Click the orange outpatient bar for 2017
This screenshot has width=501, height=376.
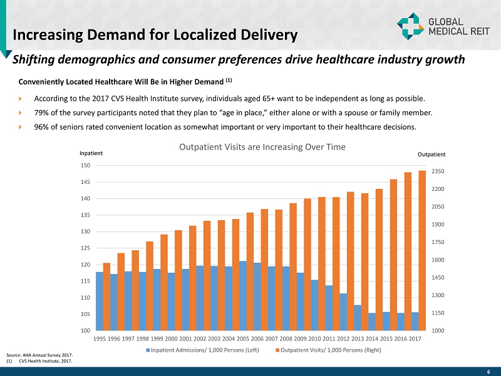422,250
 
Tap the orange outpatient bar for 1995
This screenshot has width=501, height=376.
106,297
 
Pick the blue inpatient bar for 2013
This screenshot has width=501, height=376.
358,318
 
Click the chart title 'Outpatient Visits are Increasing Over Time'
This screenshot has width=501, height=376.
262,147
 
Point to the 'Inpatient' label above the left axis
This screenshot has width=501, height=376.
91,153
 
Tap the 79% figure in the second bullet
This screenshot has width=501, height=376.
42,113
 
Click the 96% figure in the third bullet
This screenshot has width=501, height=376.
42,127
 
